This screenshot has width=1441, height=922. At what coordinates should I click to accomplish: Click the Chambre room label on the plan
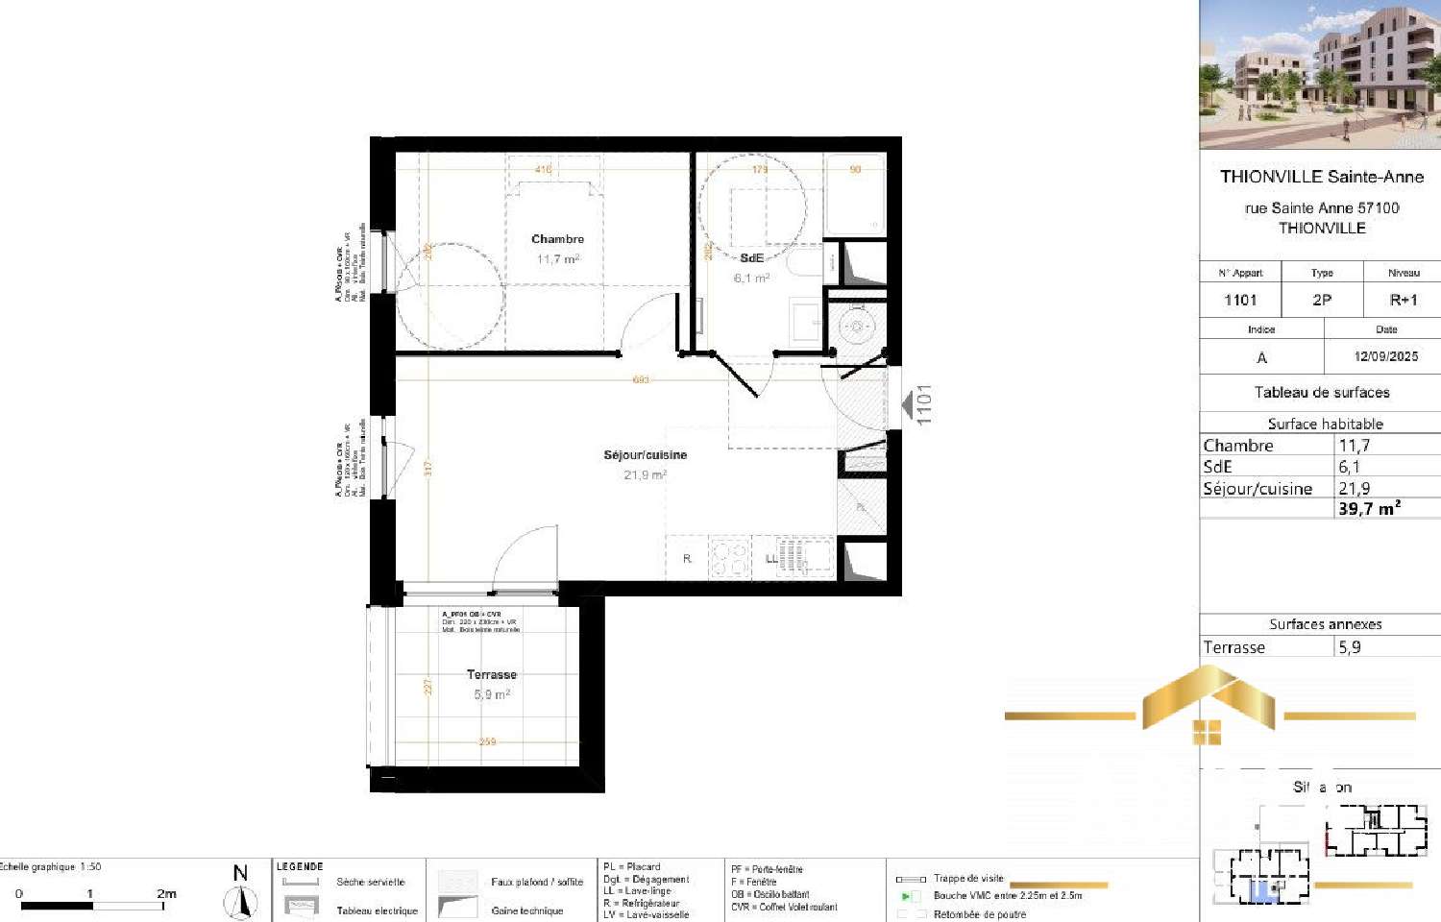pyautogui.click(x=557, y=239)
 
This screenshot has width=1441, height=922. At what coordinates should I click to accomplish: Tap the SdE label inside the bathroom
pyautogui.click(x=751, y=258)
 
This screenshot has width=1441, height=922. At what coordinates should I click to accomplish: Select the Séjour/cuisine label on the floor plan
pyautogui.click(x=645, y=455)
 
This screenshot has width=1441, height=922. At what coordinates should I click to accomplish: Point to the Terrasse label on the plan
pyautogui.click(x=491, y=675)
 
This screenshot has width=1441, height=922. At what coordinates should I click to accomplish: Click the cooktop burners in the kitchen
pyautogui.click(x=729, y=558)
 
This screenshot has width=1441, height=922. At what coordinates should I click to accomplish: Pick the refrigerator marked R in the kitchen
pyautogui.click(x=687, y=559)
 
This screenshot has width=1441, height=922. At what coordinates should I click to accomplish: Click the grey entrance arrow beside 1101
pyautogui.click(x=906, y=405)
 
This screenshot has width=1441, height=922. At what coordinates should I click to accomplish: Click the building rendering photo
pyautogui.click(x=1320, y=74)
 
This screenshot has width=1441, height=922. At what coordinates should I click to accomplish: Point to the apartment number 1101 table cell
pyautogui.click(x=1240, y=301)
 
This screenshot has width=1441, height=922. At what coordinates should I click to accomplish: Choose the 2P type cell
pyautogui.click(x=1322, y=301)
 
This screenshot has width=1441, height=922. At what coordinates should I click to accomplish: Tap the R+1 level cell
pyautogui.click(x=1403, y=301)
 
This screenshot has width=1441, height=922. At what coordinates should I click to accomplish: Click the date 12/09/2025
pyautogui.click(x=1385, y=356)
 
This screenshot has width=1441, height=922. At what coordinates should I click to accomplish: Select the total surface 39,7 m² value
pyautogui.click(x=1369, y=509)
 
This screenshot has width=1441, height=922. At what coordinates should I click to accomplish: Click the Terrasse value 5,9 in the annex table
pyautogui.click(x=1350, y=647)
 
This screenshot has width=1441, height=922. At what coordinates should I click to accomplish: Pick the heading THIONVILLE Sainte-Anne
pyautogui.click(x=1321, y=177)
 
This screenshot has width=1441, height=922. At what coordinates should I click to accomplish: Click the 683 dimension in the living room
pyautogui.click(x=641, y=380)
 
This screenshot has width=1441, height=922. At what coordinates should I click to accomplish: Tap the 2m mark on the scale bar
pyautogui.click(x=166, y=894)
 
